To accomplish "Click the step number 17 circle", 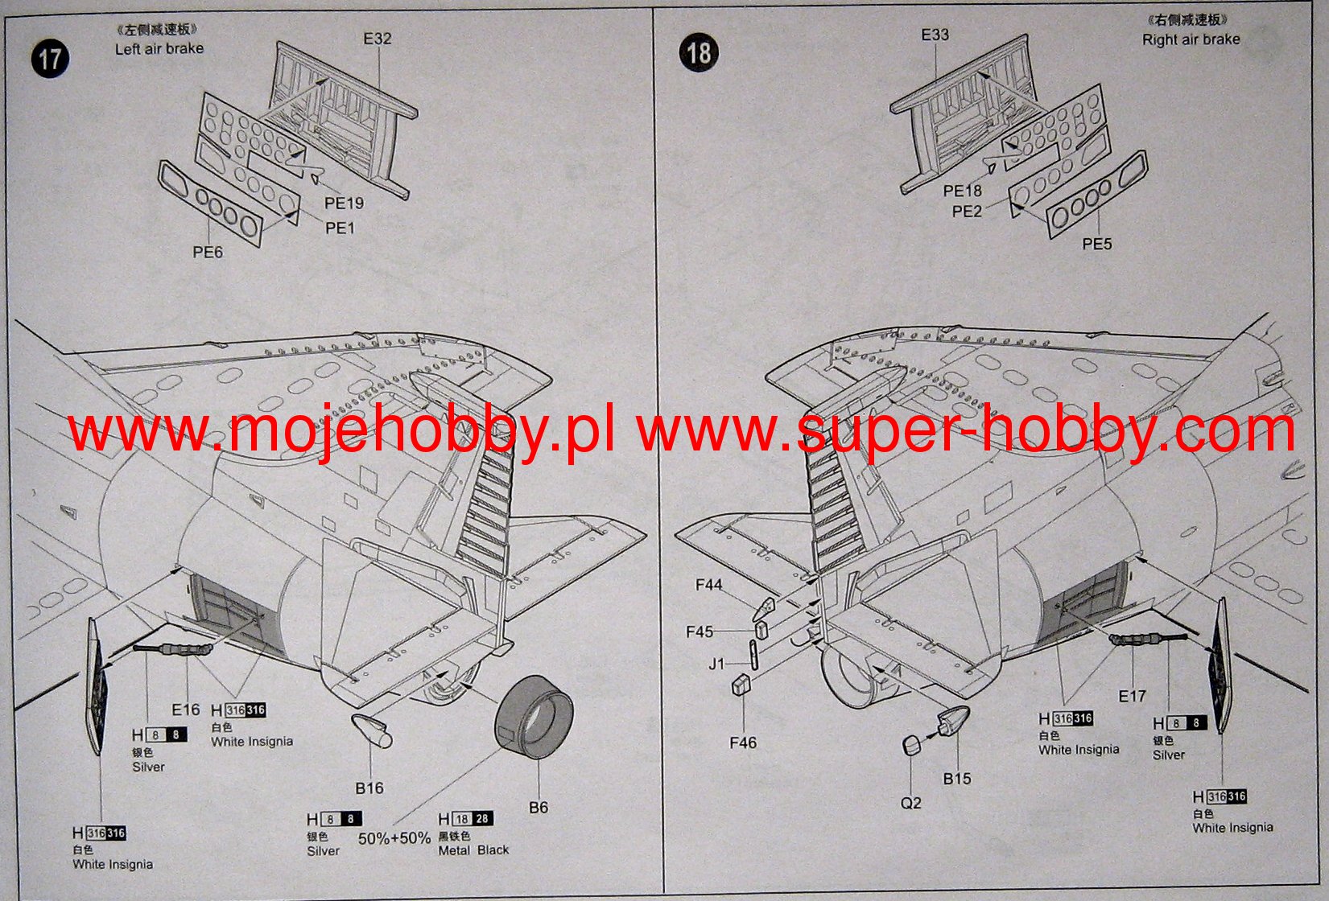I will point(50,59).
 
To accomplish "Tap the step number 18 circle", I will point(698,53).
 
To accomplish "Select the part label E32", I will point(377,39).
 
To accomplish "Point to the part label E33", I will point(935,35).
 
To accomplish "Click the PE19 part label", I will point(344,204).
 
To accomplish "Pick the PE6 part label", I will point(207,252).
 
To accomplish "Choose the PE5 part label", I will point(1096,244).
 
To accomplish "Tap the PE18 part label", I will point(962,191).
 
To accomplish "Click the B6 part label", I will point(539,807).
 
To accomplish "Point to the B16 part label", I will point(369,788).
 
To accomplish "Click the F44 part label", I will point(709,585).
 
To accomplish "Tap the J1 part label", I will point(716,664).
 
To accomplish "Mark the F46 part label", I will point(742,742).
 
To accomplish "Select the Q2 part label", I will point(910,803).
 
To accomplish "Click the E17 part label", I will point(1132,696).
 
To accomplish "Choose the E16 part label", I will point(185,710).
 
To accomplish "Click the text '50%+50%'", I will point(394,838).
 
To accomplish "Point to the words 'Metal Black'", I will point(473,850).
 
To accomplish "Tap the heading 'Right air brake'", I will point(1191,39).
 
